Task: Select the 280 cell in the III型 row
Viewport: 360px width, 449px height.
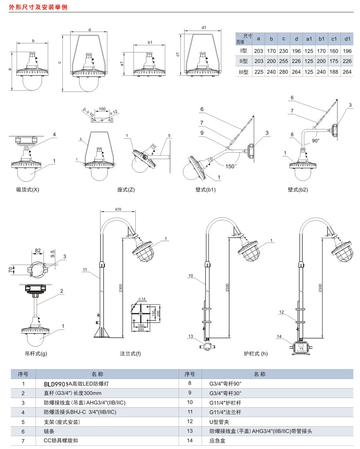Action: [x=284, y=72]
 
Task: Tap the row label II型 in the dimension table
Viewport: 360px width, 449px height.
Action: [x=244, y=61]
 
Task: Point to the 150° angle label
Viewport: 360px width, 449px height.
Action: [x=230, y=166]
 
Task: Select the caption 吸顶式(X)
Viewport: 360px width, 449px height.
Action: [x=25, y=190]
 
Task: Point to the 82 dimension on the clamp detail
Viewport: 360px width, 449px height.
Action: [x=38, y=251]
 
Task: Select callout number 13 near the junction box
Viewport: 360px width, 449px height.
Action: [x=190, y=336]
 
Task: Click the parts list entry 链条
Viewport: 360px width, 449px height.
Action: [x=49, y=431]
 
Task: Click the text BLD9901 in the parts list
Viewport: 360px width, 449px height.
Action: [x=56, y=384]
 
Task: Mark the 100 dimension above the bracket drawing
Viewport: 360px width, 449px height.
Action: [x=102, y=108]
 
